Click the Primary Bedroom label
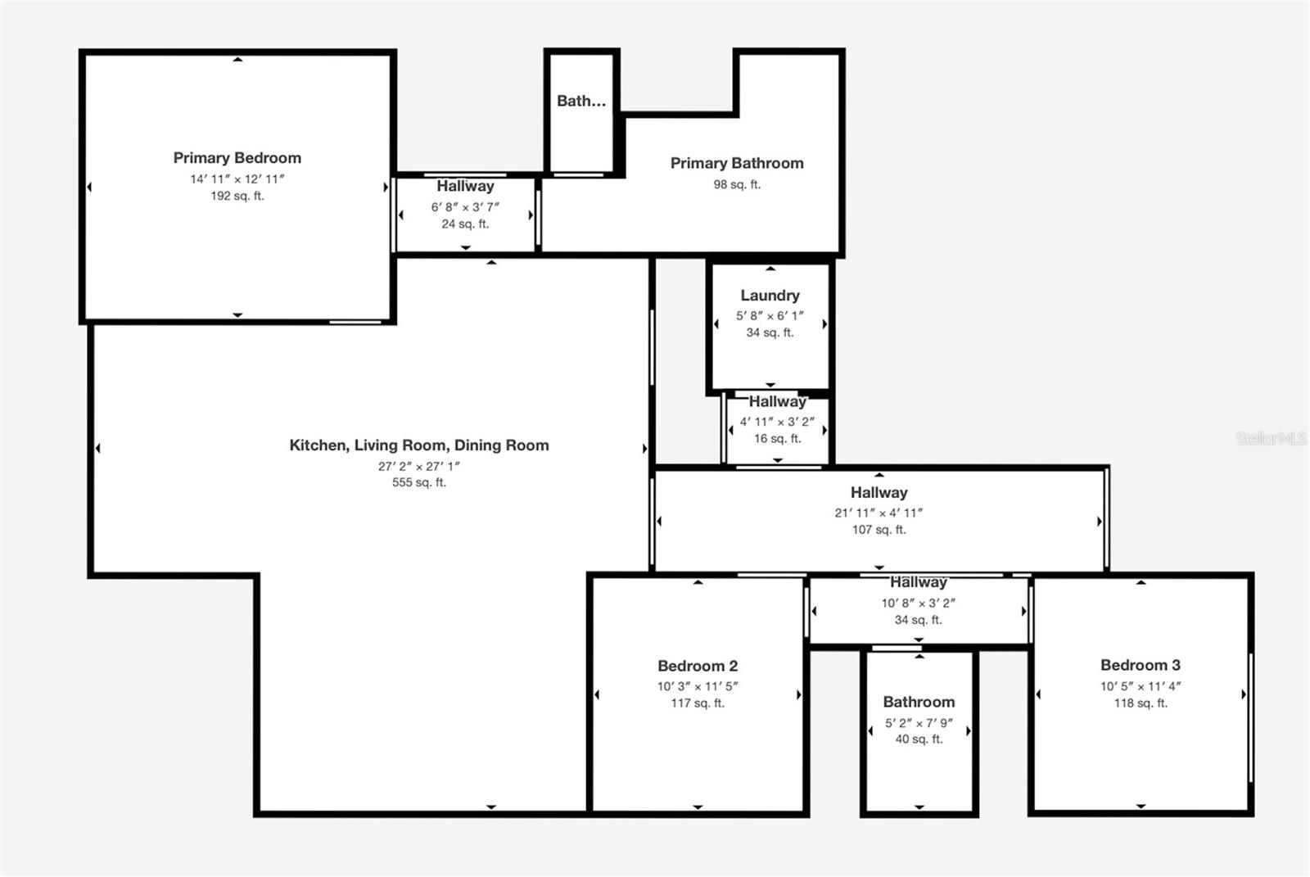(237, 158)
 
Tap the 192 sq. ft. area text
(237, 196)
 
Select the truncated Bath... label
(581, 102)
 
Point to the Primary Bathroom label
(737, 163)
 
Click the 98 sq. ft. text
(737, 184)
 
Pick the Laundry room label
(770, 296)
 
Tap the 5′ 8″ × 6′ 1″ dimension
(770, 316)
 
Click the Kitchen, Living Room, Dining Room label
(419, 445)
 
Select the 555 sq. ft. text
(419, 482)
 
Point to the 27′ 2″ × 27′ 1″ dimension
(418, 466)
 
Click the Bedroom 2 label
(698, 666)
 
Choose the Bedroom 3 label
(1141, 665)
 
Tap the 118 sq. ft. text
(1141, 703)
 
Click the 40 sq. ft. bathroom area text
(919, 739)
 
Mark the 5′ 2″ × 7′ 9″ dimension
(919, 723)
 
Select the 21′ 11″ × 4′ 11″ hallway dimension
(879, 513)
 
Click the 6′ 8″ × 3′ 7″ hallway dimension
(465, 207)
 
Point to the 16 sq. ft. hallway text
(777, 439)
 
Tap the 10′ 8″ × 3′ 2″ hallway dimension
(918, 604)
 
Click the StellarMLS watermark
(1272, 438)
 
